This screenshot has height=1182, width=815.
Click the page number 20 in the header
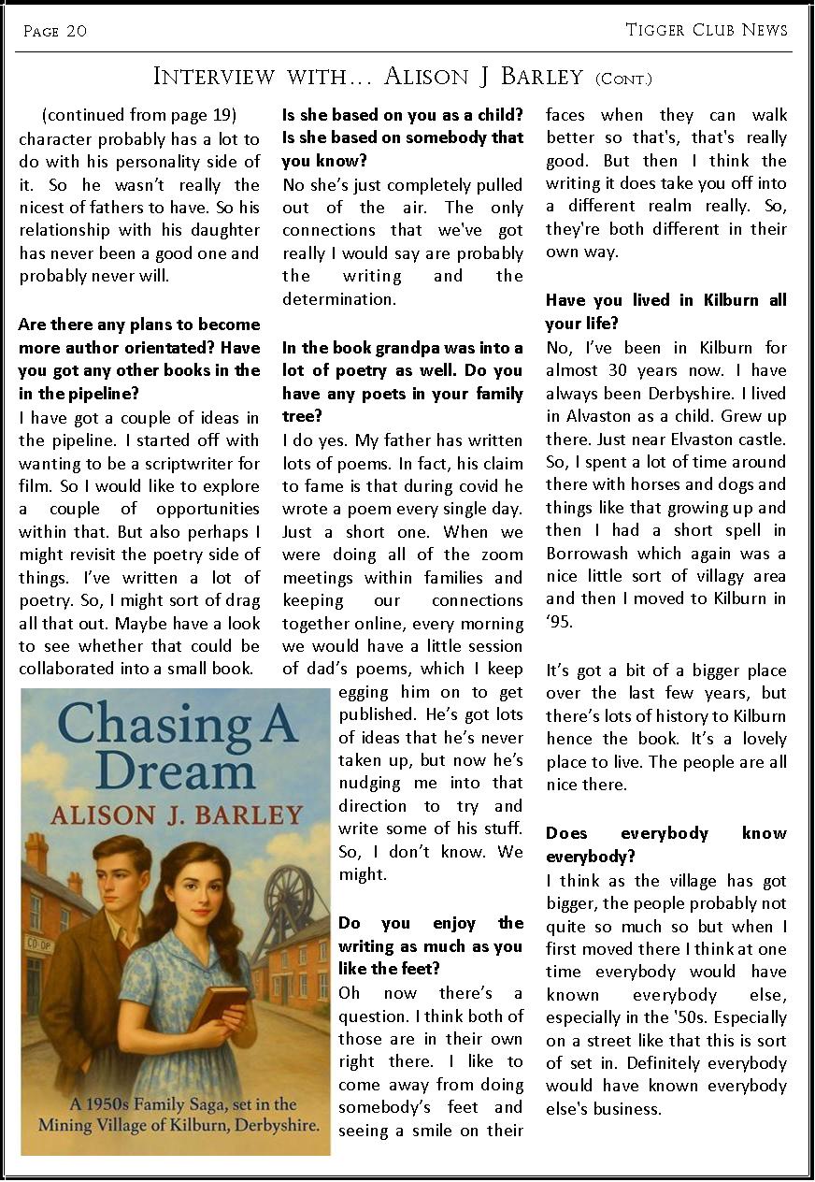[76, 31]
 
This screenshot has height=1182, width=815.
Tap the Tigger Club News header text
[707, 30]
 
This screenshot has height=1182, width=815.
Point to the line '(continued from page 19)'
[139, 115]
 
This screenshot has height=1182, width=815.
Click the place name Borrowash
[589, 554]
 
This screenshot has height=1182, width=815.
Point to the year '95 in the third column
[559, 622]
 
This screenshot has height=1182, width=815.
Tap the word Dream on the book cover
[175, 772]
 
